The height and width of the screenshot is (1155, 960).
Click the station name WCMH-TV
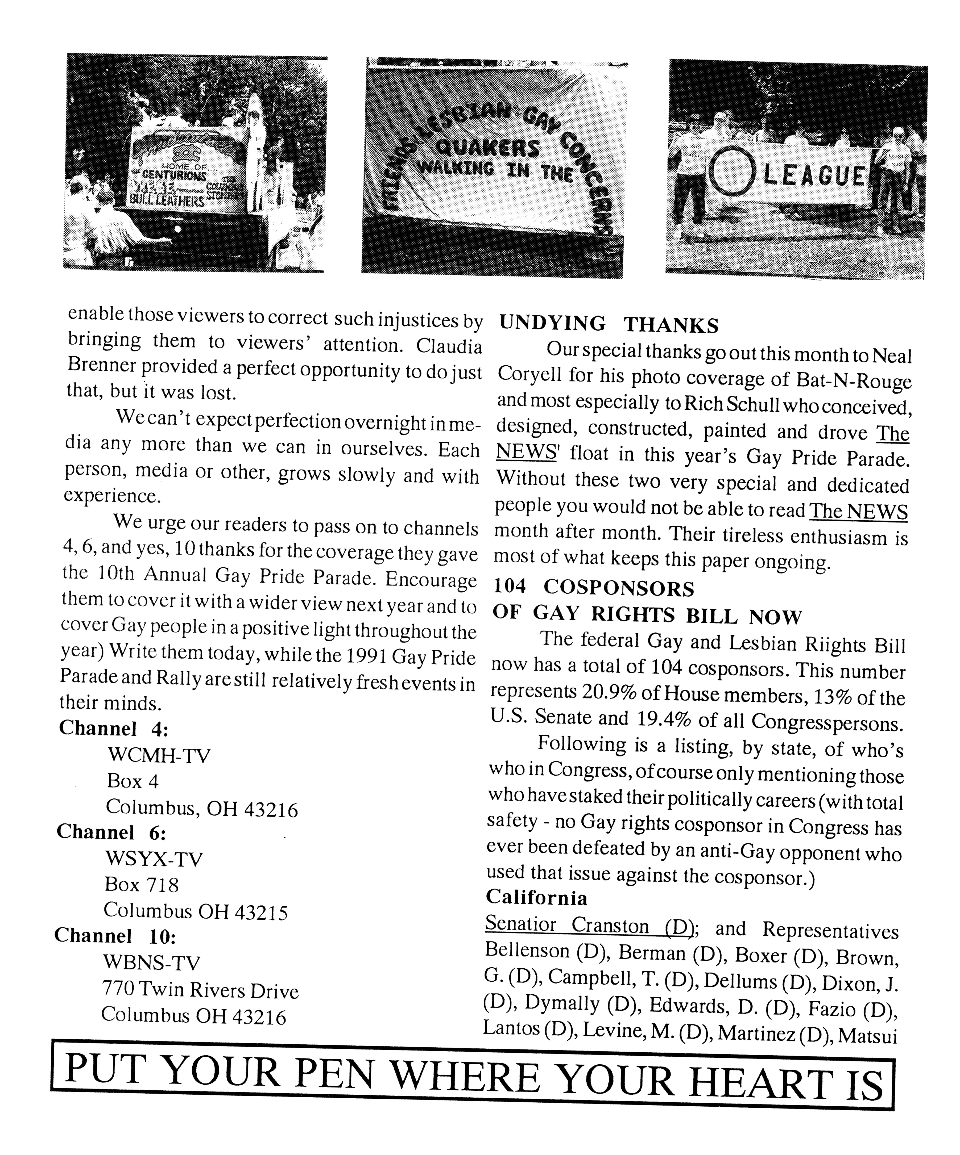pos(159,755)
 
